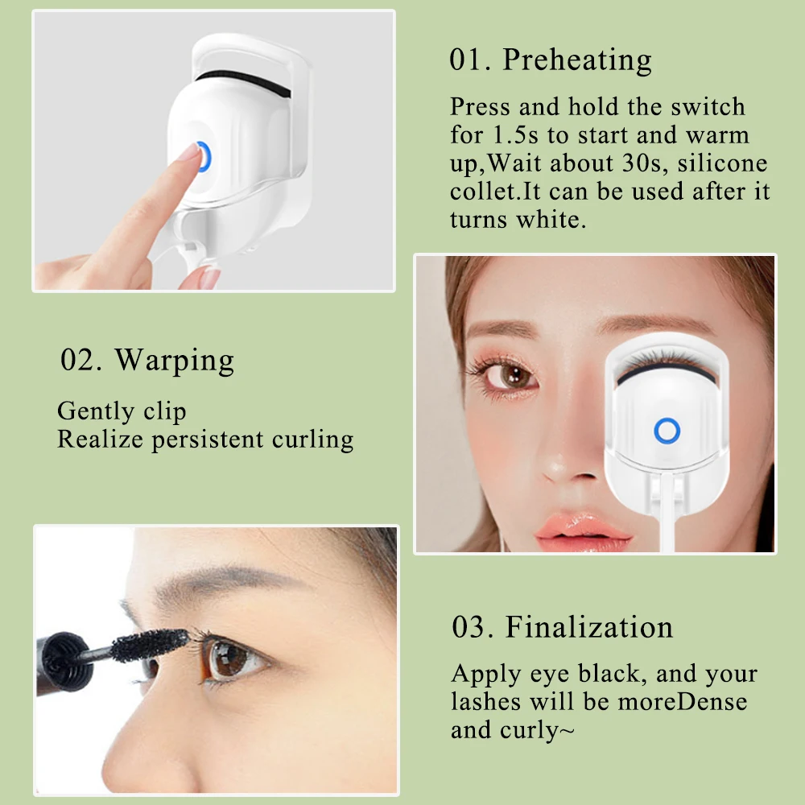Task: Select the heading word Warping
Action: (x=175, y=360)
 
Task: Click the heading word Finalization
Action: (x=589, y=627)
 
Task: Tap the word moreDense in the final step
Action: (x=682, y=701)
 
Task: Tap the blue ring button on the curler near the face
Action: (x=667, y=431)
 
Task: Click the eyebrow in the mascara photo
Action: (x=225, y=584)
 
